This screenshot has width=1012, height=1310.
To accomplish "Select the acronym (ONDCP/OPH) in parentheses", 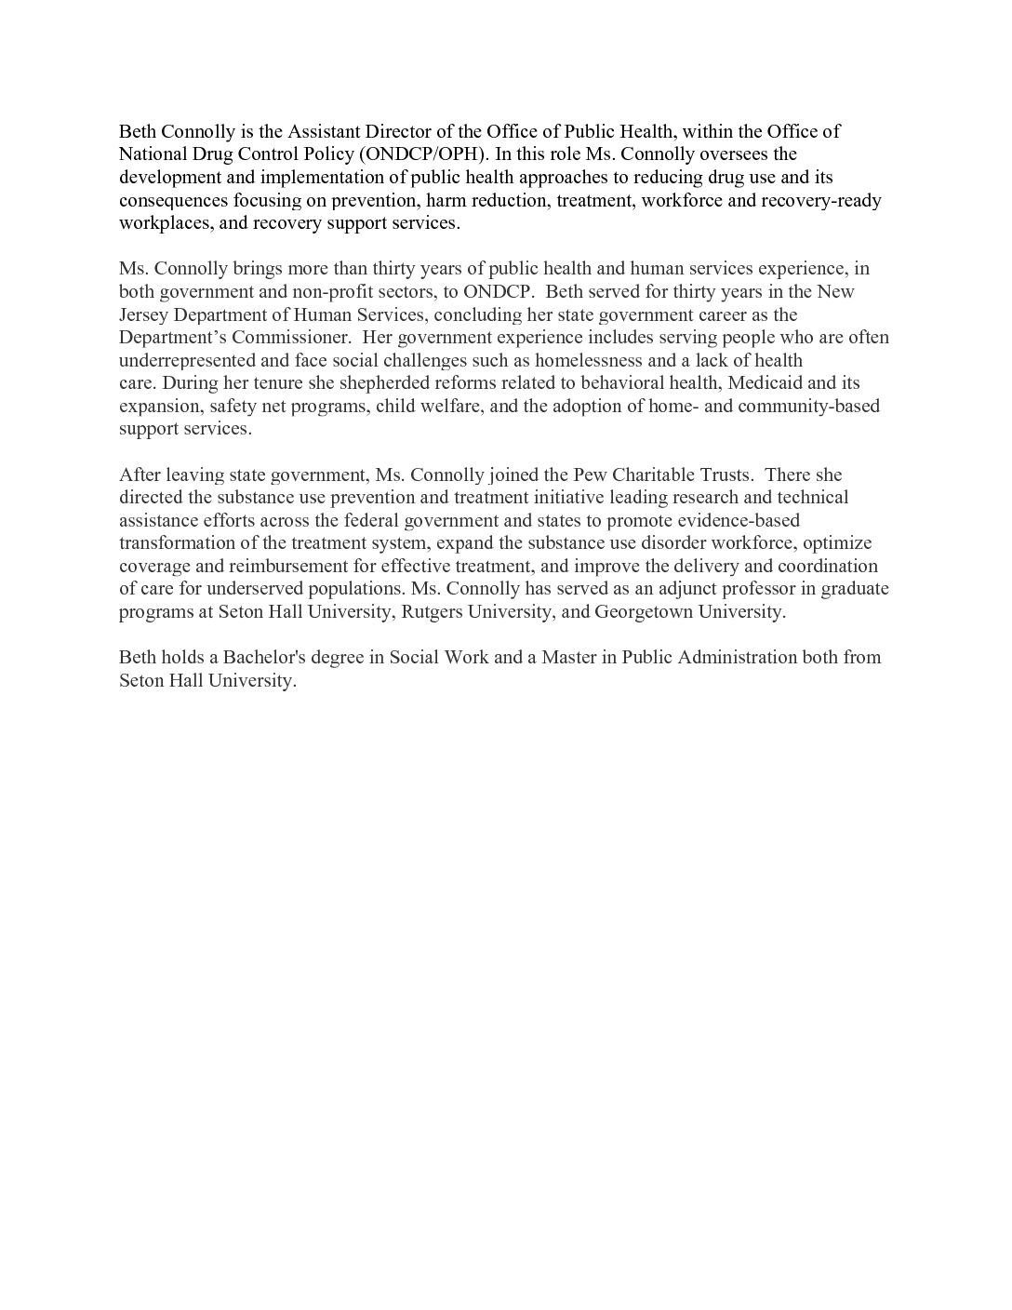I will coord(420,154).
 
